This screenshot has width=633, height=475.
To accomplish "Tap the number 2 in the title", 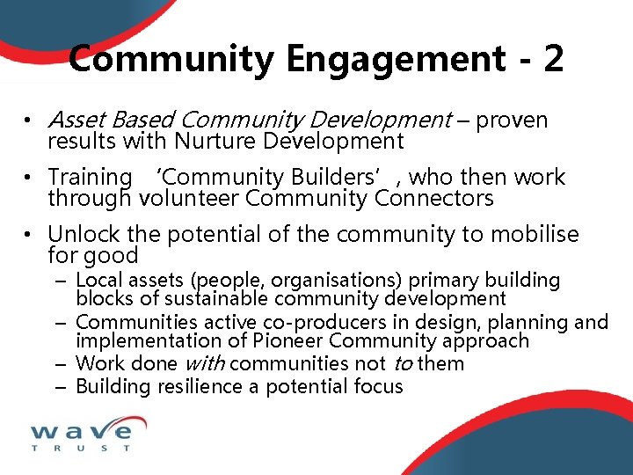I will (x=553, y=59).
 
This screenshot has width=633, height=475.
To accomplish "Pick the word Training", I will (x=89, y=178).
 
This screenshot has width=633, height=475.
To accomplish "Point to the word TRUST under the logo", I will (x=81, y=449).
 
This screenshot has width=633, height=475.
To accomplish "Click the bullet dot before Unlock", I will (x=29, y=235).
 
